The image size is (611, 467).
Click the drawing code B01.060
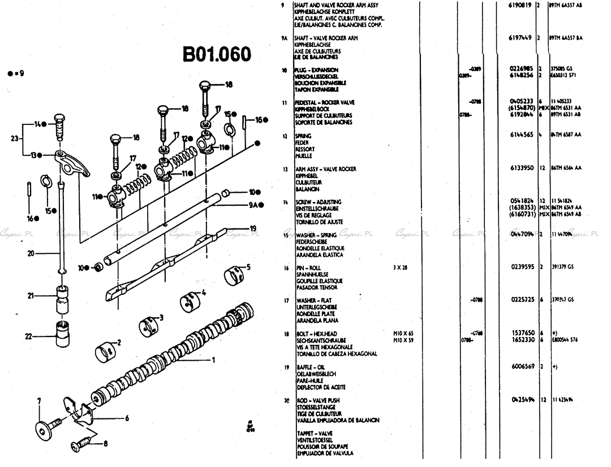click(216, 55)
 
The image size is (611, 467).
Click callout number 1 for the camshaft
click(214, 359)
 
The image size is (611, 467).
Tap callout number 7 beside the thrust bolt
click(39, 401)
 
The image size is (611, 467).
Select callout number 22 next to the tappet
click(29, 336)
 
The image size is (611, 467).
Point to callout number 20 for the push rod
click(31, 253)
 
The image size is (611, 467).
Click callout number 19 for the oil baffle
click(253, 228)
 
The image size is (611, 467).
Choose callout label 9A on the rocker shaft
click(253, 205)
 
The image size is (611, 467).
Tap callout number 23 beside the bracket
click(14, 138)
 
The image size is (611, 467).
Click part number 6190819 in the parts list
click(522, 5)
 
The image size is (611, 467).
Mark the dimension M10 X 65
click(403, 334)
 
